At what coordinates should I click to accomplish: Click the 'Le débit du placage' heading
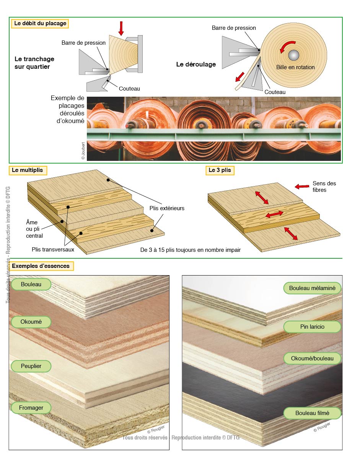click(x=40, y=23)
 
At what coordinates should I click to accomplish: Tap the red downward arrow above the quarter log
click(x=121, y=28)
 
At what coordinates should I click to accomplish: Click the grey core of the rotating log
click(x=294, y=55)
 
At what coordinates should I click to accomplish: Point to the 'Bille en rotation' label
click(x=295, y=67)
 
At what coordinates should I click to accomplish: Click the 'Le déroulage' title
click(x=196, y=65)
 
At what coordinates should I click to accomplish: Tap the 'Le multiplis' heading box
click(x=28, y=170)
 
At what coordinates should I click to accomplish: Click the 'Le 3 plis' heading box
click(x=220, y=170)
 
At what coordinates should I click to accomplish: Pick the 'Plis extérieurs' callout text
click(x=167, y=208)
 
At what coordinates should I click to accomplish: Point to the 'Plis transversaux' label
click(x=53, y=250)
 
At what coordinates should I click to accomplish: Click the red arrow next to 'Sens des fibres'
click(x=302, y=186)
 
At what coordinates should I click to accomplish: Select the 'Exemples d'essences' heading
click(x=41, y=266)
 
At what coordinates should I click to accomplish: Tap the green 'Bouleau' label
click(x=31, y=284)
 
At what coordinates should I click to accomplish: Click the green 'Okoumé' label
click(x=31, y=322)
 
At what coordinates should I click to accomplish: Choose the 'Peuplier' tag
click(x=31, y=366)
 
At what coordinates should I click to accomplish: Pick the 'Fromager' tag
click(x=31, y=408)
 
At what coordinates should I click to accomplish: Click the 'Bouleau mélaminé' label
click(x=312, y=288)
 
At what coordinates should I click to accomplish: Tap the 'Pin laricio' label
click(x=312, y=327)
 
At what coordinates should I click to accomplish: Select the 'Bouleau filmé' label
click(x=312, y=413)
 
